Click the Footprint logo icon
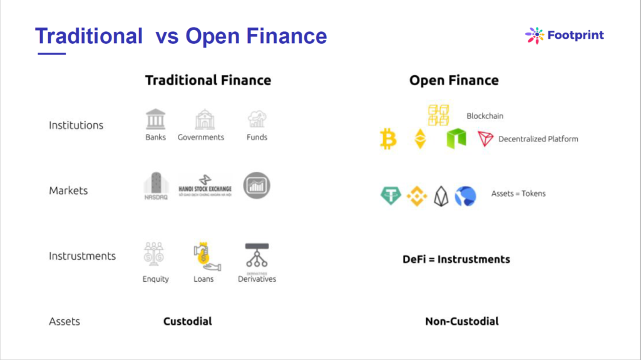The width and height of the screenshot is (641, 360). pos(535,35)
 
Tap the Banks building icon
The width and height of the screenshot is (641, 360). pos(155,119)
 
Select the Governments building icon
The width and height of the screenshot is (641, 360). pos(204,119)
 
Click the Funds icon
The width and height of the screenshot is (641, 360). pos(257,119)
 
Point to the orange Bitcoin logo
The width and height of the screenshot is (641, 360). pos(388,138)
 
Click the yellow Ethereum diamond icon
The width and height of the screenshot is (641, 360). pos(419,138)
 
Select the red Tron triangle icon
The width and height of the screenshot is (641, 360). pos(486,138)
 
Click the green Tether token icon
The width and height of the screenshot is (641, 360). pos(391,196)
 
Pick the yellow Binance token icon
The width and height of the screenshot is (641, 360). pos(417,196)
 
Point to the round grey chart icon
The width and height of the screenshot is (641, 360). pos(257,185)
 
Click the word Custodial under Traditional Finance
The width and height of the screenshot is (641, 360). pos(188,321)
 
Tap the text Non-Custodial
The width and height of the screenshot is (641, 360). pos(462,321)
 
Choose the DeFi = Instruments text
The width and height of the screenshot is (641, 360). pos(456,259)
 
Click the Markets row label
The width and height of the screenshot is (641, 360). pos(68,190)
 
